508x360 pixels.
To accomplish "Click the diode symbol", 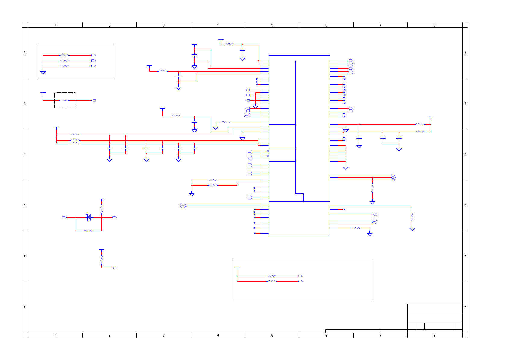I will coord(89,217).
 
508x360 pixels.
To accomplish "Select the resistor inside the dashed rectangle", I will coord(65,100).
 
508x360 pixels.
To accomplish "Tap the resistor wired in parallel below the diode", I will coord(88,231).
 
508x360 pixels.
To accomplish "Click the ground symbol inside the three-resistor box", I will coord(43,72).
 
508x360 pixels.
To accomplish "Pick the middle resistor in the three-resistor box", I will coord(65,61).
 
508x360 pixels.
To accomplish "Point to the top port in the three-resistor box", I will coord(93,55).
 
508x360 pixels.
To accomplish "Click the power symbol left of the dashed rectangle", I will coord(43,93).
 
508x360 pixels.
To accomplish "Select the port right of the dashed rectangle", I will coord(94,100).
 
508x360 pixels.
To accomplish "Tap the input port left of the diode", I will coord(64,217).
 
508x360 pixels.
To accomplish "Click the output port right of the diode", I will coord(115,217).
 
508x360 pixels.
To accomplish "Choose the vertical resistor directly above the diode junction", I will coord(102,209).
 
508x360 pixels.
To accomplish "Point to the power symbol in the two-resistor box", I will coord(237,268).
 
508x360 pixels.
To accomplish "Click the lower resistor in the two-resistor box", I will coord(272,281).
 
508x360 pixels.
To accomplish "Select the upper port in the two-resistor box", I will coord(300,276).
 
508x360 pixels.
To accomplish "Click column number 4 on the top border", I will coord(218,25).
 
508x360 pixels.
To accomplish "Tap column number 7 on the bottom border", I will coord(380,335).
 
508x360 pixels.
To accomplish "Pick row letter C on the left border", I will coord(25,155).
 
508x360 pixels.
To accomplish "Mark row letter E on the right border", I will coord(465,257).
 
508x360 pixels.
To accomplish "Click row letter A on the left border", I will coord(25,53).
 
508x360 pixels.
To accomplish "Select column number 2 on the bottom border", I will coord(109,335).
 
